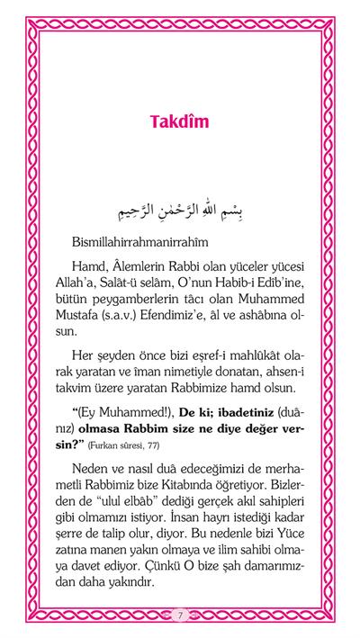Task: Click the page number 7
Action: pos(180,615)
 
